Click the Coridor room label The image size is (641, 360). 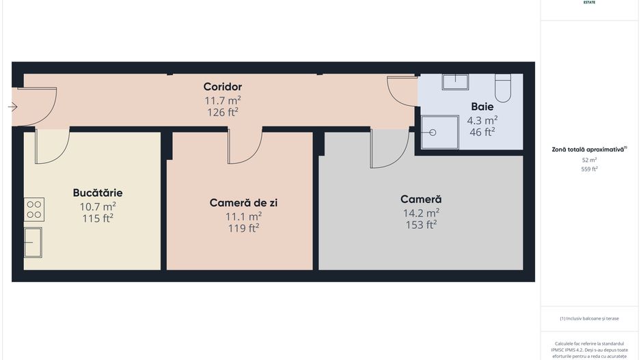click(222, 87)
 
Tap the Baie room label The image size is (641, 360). click(482, 107)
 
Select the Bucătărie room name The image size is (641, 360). click(98, 193)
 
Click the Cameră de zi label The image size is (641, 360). click(243, 203)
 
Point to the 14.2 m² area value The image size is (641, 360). click(420, 212)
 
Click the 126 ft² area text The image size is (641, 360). click(222, 112)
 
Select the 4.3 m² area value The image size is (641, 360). click(482, 120)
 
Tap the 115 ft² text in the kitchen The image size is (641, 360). click(98, 219)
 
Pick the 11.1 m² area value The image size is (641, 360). click(243, 216)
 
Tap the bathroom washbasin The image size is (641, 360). click(455, 82)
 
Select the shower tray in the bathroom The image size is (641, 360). click(439, 133)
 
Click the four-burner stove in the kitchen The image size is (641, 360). click(34, 209)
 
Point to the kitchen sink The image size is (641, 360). click(33, 242)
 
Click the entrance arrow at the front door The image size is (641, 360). click(12, 107)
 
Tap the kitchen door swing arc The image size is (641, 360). click(52, 146)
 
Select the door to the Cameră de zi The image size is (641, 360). click(245, 146)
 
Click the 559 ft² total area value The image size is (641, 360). click(589, 169)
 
